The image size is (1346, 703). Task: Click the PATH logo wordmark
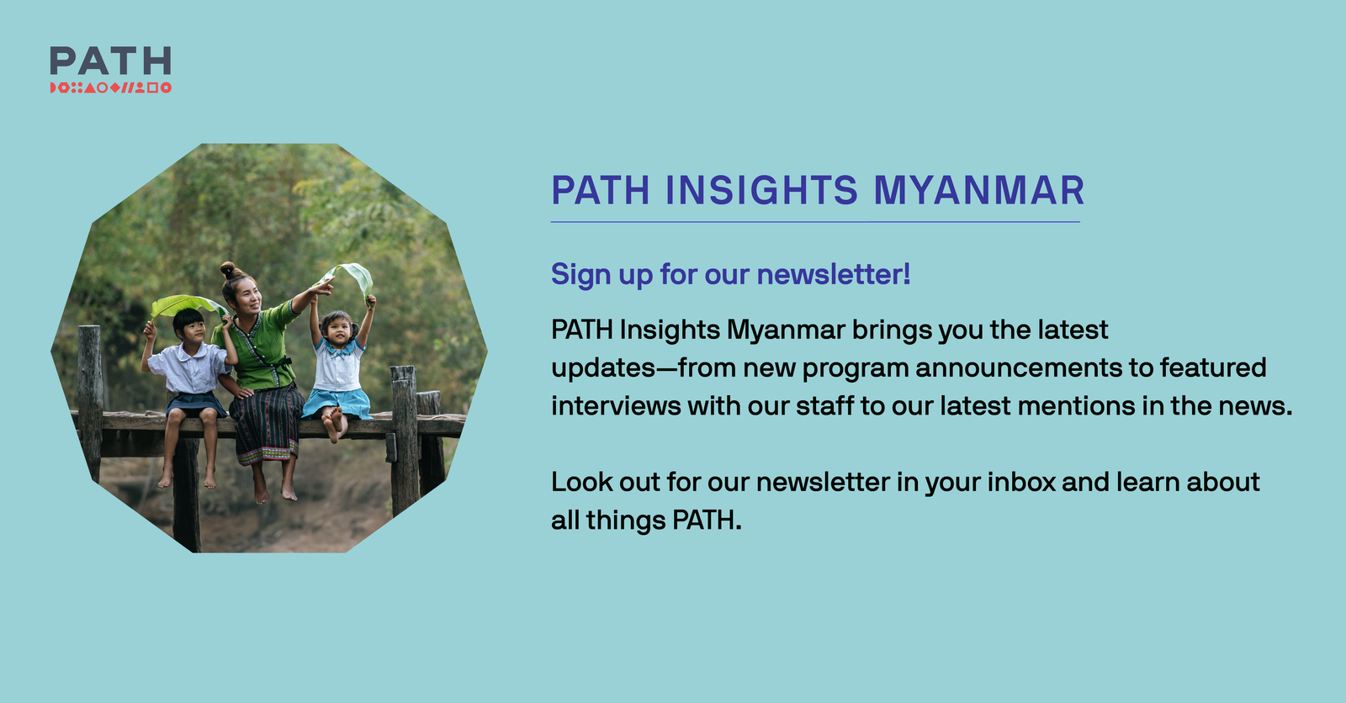(110, 61)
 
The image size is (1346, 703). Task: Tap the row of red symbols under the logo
(110, 87)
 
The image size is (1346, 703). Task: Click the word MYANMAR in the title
(979, 190)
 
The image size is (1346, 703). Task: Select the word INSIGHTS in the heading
(762, 190)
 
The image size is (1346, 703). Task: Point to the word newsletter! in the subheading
(833, 274)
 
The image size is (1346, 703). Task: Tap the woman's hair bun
(228, 270)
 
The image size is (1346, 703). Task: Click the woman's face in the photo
(246, 296)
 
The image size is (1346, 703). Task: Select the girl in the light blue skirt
(338, 370)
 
